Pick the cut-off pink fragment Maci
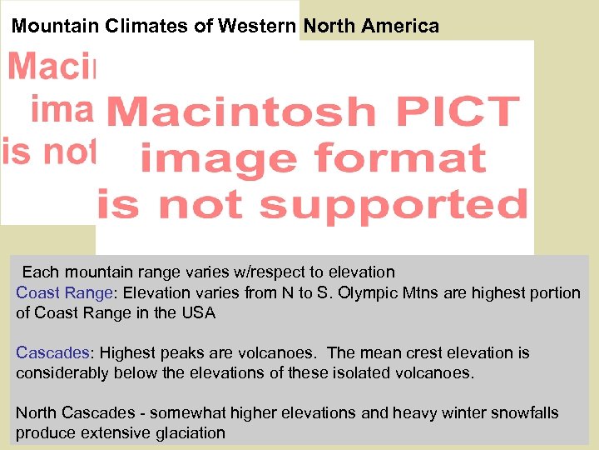(x=52, y=66)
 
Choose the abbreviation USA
(x=200, y=313)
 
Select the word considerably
(x=62, y=372)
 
